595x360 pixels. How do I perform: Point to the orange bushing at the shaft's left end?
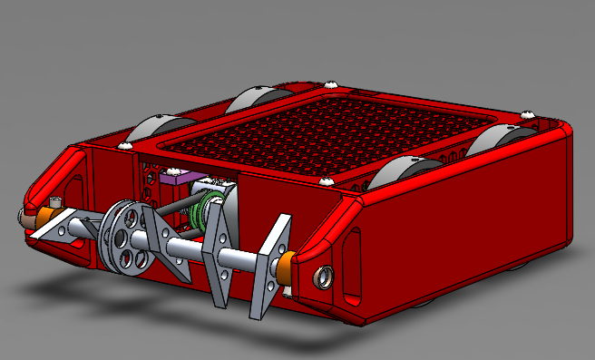[x=35, y=218]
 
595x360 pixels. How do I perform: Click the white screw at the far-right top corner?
[x=529, y=114]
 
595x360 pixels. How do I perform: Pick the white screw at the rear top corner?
[x=332, y=84]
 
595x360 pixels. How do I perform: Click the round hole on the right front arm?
[x=321, y=275]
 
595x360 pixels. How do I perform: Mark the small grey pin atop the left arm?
[x=56, y=200]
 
